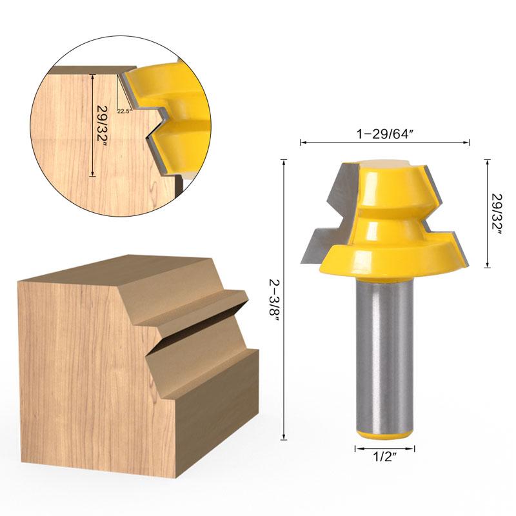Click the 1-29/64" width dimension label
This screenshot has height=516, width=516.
pos(384,133)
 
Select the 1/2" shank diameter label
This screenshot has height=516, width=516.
pos(384,458)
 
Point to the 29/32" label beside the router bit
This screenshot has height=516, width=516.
pos(497,213)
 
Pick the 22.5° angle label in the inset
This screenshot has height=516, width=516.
pos(124,110)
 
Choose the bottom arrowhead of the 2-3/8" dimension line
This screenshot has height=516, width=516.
pos(284,437)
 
